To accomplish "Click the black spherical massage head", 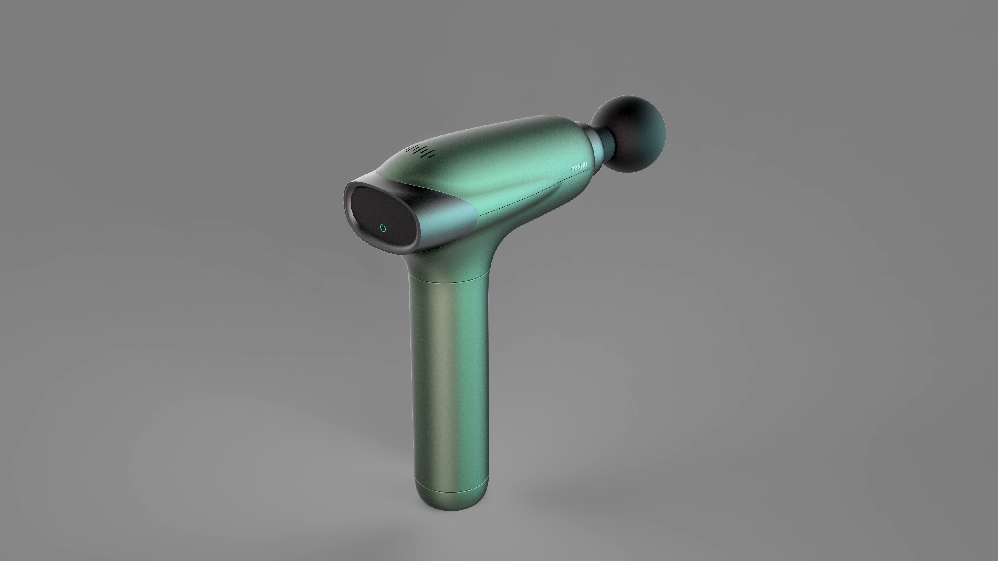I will (x=629, y=134).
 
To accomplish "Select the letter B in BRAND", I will (x=573, y=170).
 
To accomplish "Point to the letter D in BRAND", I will (x=585, y=165).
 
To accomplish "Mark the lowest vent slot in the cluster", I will (x=429, y=156).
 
